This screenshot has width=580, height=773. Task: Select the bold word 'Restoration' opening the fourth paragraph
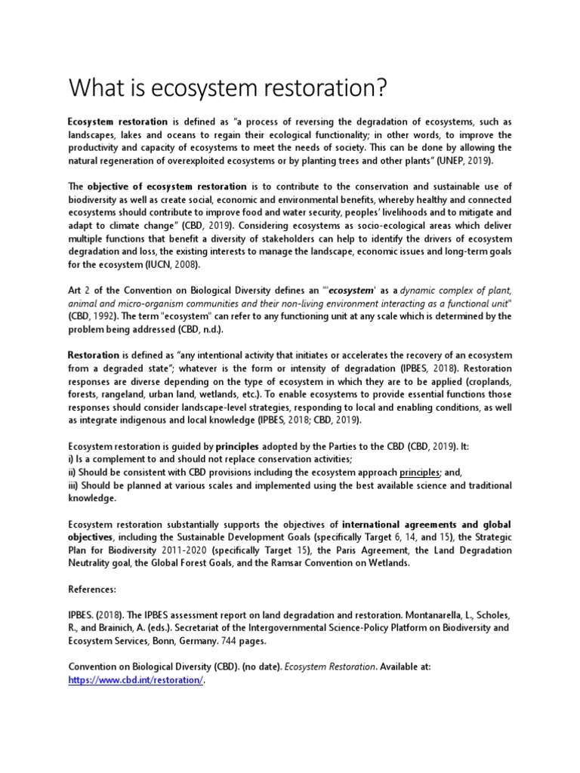pyautogui.click(x=94, y=356)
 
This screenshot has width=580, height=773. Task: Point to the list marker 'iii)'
pyautogui.click(x=75, y=485)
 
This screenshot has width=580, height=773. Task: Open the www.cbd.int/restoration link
pyautogui.click(x=135, y=680)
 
